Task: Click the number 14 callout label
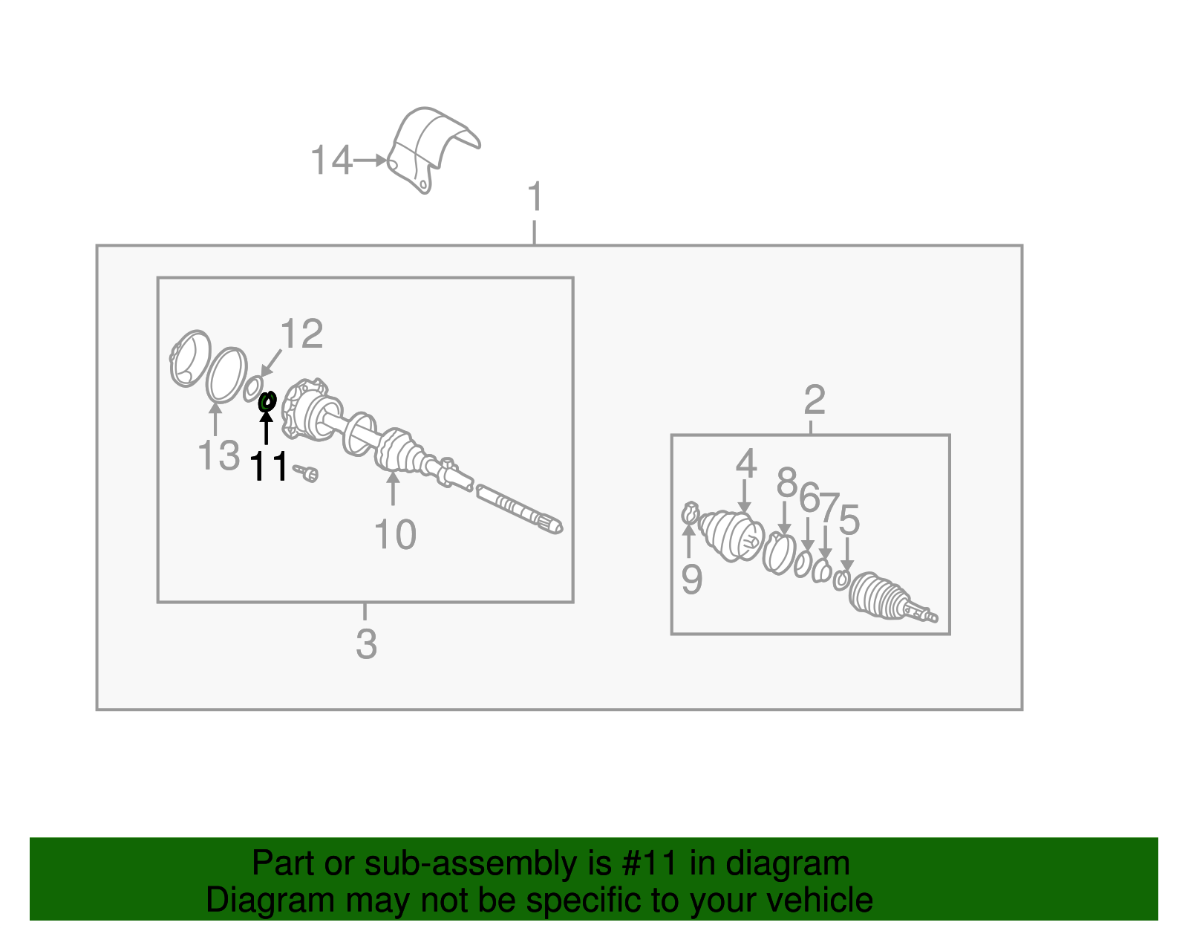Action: (330, 160)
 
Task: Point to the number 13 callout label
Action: (219, 455)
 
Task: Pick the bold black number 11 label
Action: (269, 467)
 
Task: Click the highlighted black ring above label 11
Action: (267, 401)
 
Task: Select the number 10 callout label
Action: (395, 534)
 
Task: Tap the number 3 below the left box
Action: (366, 644)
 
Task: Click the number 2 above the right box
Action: (814, 399)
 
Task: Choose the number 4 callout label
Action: (746, 463)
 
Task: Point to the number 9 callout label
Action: (691, 579)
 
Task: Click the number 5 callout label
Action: (849, 519)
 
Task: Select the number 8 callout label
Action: (787, 483)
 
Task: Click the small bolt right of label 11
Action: (306, 473)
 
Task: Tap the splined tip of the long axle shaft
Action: (549, 523)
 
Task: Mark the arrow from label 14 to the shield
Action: (370, 160)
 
